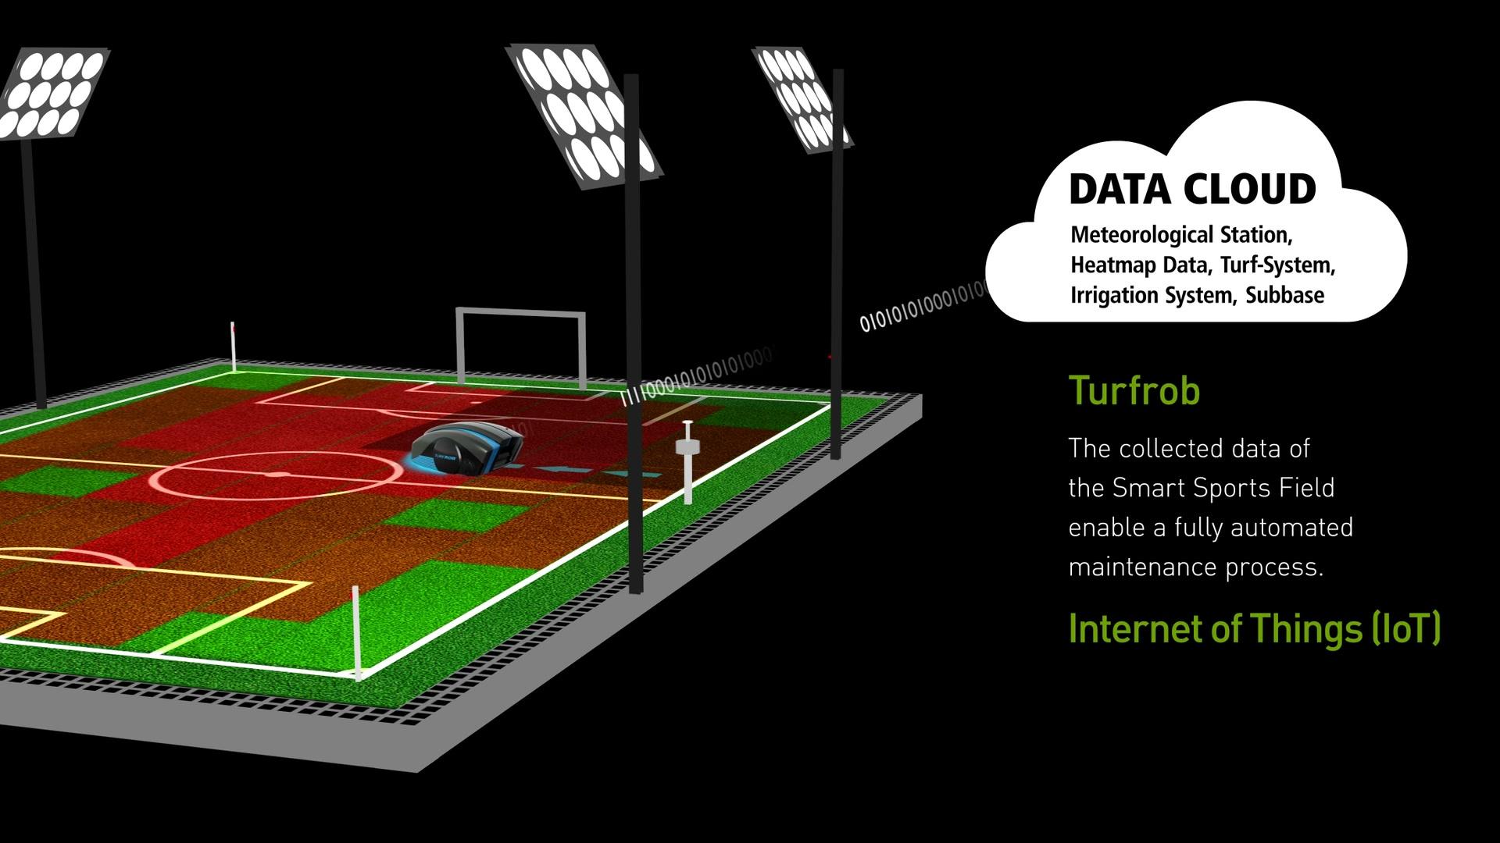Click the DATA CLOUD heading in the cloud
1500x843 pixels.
(1192, 190)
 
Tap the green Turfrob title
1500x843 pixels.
(1134, 390)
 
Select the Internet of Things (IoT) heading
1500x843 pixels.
(1254, 628)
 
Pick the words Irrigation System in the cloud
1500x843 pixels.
(1152, 296)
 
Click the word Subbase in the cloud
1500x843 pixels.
(1285, 295)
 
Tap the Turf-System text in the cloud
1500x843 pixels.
(1277, 265)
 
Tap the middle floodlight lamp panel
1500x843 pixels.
(583, 116)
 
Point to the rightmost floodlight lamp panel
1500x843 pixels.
(801, 98)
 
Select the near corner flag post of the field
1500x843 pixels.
(357, 632)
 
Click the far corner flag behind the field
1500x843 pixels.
(233, 347)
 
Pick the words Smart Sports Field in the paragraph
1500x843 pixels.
(1223, 489)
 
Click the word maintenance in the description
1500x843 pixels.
(1143, 567)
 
